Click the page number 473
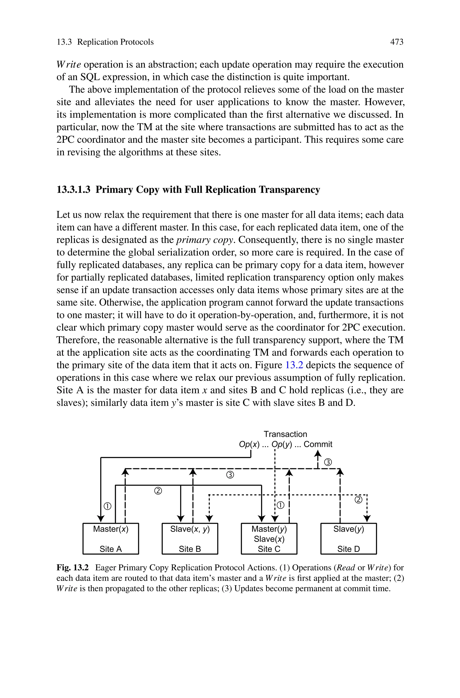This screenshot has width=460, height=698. (397, 42)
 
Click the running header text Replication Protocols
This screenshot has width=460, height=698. (115, 42)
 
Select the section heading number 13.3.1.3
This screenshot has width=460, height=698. (73, 190)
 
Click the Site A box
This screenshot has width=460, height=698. (111, 538)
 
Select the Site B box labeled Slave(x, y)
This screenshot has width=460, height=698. (190, 538)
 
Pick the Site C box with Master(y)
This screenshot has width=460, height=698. (269, 538)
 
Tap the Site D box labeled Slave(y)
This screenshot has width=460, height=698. (349, 538)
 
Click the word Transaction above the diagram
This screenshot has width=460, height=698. (285, 434)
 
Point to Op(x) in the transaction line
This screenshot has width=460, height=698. (249, 444)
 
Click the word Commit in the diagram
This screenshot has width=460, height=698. (318, 444)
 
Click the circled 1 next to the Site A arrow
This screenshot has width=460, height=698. (108, 506)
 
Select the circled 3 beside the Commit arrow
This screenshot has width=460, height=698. (328, 463)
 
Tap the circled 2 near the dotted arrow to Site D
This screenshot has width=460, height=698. (358, 500)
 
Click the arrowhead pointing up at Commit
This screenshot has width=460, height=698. (318, 454)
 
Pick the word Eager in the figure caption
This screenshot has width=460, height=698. (105, 567)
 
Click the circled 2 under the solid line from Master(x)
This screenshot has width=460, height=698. (158, 491)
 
